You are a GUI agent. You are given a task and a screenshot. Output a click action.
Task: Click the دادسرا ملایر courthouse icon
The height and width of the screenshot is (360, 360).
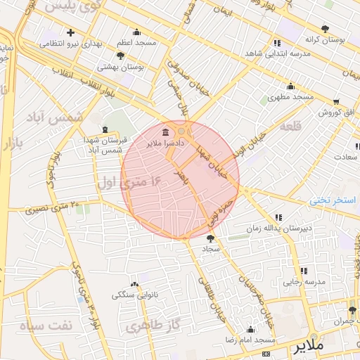pyautogui.click(x=165, y=133)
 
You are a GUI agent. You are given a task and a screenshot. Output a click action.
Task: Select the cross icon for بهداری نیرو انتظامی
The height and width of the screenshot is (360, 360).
pyautogui.click(x=70, y=32)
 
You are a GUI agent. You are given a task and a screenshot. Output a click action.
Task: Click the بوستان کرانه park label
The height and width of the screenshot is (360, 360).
pyautogui.click(x=323, y=40)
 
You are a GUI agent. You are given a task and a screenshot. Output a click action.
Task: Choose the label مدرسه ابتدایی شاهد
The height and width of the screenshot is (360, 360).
pyautogui.click(x=273, y=53)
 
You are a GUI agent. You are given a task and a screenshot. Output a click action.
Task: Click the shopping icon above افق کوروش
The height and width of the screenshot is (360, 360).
pyautogui.click(x=335, y=101)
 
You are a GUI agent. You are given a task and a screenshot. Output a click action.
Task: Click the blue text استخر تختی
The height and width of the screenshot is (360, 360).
pyautogui.click(x=333, y=200)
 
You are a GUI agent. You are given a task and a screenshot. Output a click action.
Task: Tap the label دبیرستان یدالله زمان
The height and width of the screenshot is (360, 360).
pyautogui.click(x=277, y=229)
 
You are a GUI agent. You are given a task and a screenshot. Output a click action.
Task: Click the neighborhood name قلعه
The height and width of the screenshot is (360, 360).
pyautogui.click(x=291, y=126)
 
